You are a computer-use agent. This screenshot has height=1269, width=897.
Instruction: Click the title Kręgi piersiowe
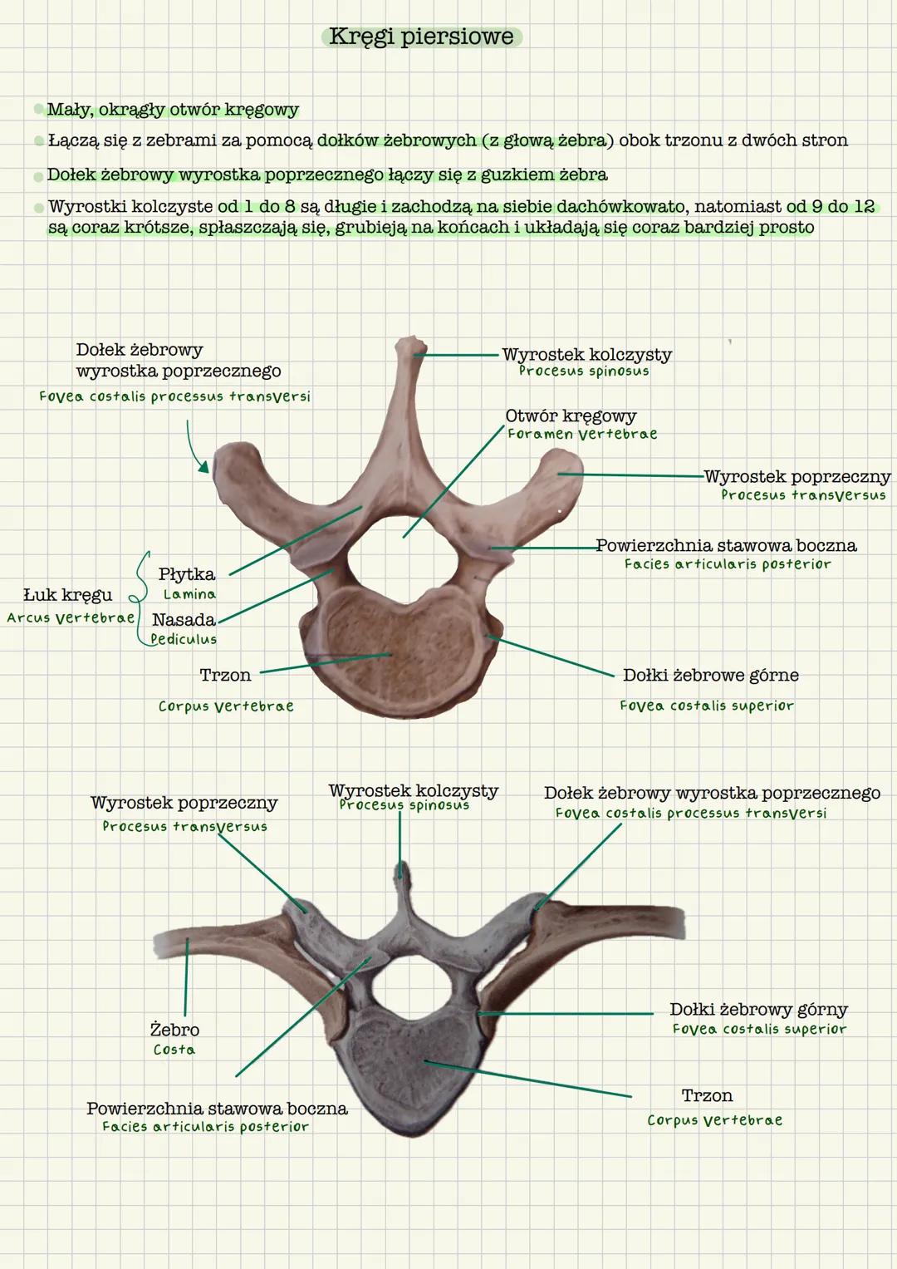421,37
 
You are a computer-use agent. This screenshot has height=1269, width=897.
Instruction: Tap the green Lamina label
189,594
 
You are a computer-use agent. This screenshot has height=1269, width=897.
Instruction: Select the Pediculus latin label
184,639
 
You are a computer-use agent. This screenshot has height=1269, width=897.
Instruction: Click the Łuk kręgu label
67,595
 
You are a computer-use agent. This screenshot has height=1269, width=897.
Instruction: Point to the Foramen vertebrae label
582,434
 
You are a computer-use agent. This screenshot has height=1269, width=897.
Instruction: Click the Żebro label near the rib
174,1030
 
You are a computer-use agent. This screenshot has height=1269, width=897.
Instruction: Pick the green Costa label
174,1050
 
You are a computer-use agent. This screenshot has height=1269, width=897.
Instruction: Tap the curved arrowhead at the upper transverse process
203,468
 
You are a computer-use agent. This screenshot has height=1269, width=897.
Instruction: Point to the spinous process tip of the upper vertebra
408,343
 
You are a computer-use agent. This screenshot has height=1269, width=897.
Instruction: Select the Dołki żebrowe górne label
711,676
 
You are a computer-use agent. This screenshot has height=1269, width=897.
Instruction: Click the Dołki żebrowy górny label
758,1010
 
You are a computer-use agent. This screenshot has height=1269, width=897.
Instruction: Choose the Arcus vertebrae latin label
71,617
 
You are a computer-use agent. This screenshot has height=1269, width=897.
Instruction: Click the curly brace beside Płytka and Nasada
142,597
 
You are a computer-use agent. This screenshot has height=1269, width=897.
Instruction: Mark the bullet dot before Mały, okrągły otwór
38,110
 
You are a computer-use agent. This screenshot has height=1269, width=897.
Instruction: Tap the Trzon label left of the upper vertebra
225,676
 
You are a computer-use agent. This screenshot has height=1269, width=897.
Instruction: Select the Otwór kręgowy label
571,416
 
